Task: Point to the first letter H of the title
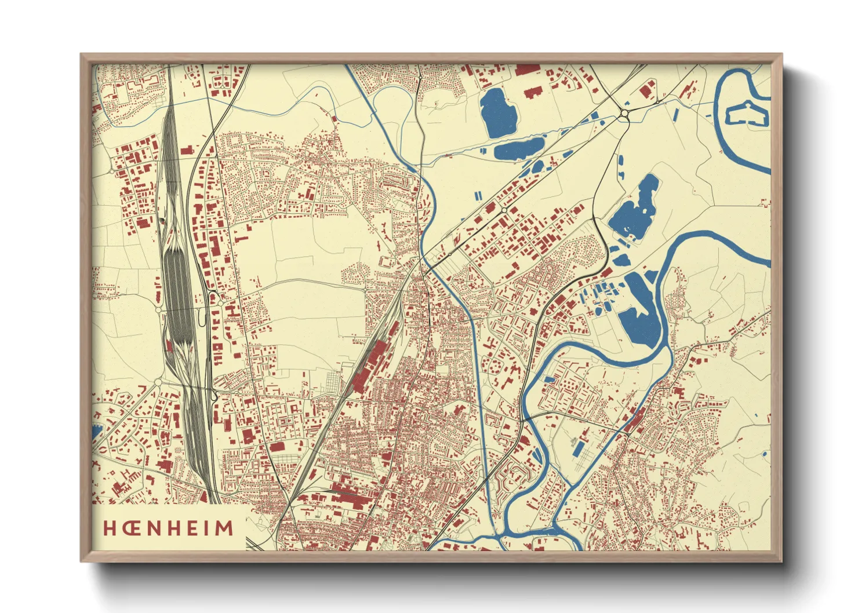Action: click(x=109, y=528)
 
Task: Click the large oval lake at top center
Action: click(x=497, y=112)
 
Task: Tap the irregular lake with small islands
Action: click(x=634, y=210)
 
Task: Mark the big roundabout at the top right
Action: click(x=624, y=115)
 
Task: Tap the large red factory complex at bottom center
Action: click(x=348, y=495)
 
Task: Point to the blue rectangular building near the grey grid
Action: click(x=579, y=447)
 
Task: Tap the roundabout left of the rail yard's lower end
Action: click(x=157, y=382)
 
